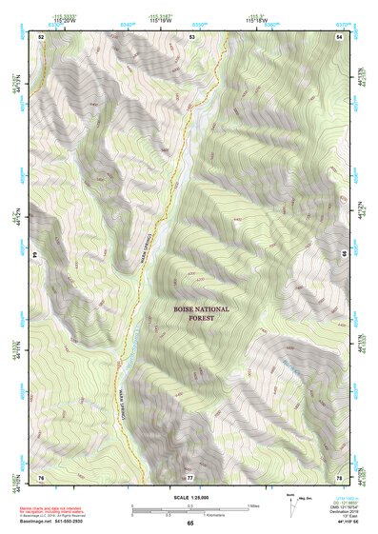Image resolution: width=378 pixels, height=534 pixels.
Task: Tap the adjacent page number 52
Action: tap(41, 35)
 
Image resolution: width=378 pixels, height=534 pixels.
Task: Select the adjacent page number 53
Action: tap(191, 35)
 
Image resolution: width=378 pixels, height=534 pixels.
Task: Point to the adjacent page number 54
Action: tap(339, 35)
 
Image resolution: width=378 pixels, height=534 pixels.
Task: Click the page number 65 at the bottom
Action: tap(189, 524)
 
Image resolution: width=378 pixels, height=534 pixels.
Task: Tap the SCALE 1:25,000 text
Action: tap(189, 498)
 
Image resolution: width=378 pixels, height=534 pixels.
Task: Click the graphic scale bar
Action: tap(189, 508)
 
